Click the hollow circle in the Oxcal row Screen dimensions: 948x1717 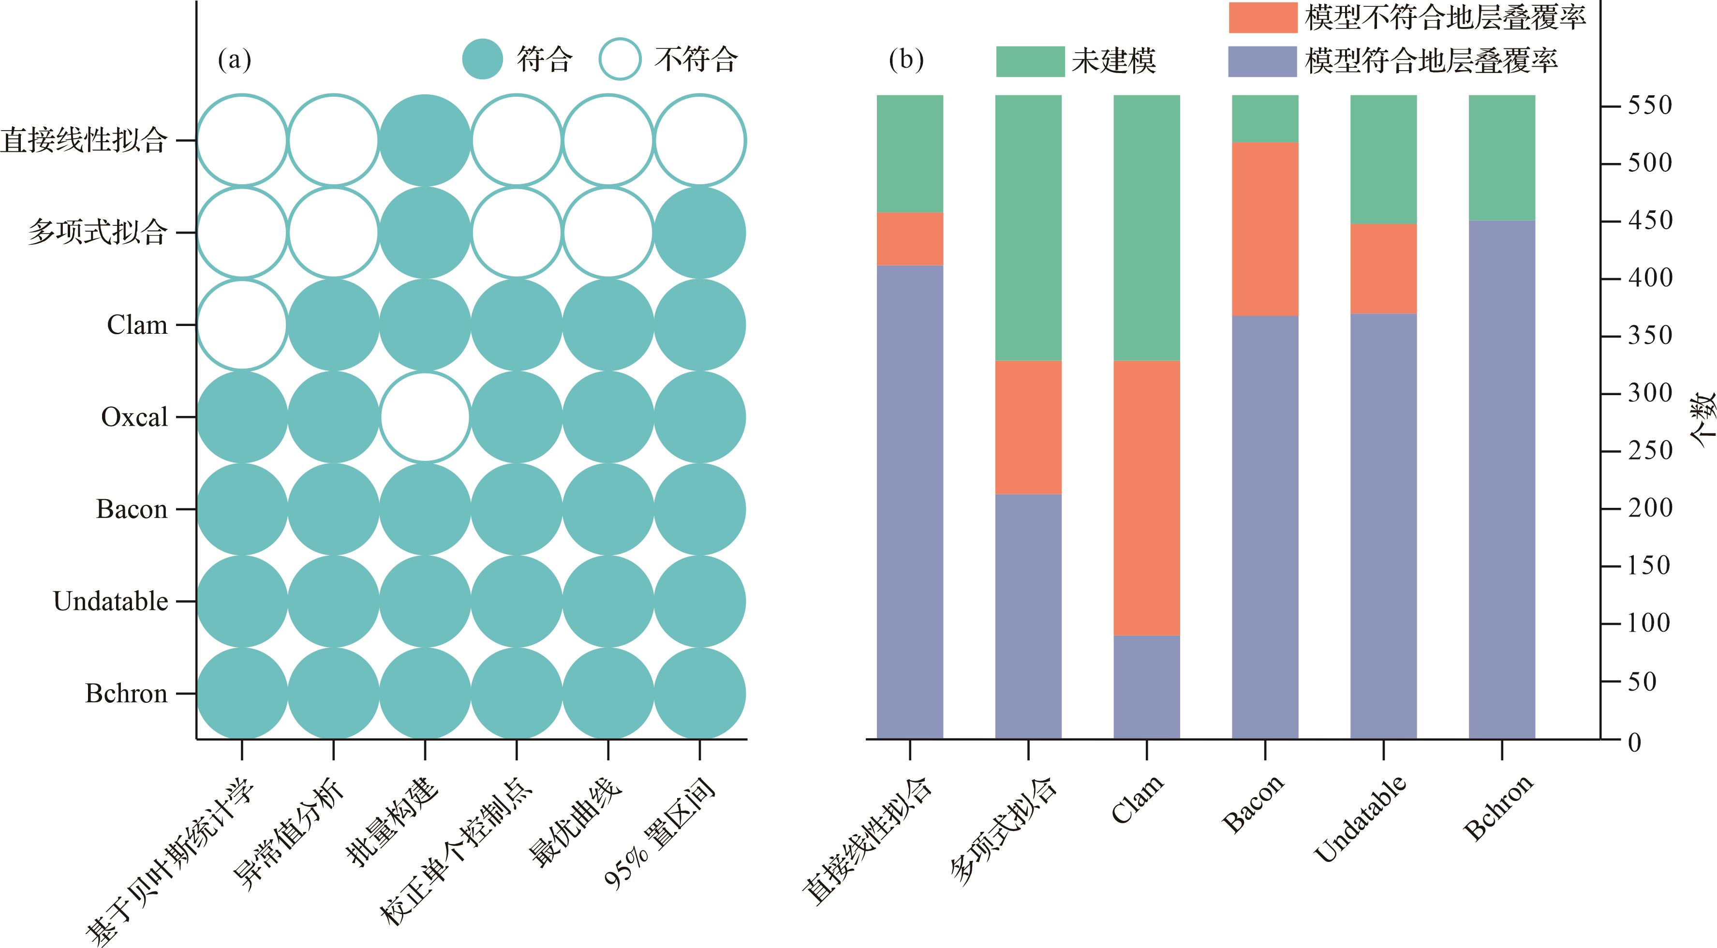point(425,417)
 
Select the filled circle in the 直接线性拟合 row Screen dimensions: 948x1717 point(425,141)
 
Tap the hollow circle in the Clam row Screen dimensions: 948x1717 point(242,326)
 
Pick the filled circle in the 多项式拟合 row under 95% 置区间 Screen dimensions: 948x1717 point(699,233)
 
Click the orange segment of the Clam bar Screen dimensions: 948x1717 point(1146,498)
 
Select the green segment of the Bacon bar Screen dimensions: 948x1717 point(1264,118)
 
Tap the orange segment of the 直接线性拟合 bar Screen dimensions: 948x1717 point(909,238)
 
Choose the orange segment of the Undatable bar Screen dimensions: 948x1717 point(1383,268)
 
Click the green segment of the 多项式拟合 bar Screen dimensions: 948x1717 point(1028,227)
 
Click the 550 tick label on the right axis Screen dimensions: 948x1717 point(1650,105)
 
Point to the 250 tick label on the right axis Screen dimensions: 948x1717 point(1650,451)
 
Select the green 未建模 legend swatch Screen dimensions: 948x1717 point(1030,61)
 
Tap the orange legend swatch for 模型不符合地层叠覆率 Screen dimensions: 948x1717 point(1262,17)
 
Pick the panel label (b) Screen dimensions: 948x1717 point(906,60)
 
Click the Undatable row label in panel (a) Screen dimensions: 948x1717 point(111,601)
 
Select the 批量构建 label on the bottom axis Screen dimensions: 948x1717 point(393,823)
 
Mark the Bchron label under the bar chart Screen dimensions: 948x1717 point(1498,808)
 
